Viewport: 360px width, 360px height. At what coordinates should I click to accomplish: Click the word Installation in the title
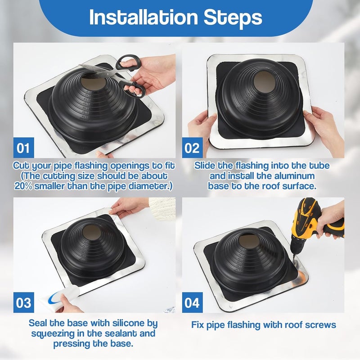[x=143, y=18]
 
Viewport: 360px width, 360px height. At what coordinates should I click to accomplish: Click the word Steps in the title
[x=238, y=18]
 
